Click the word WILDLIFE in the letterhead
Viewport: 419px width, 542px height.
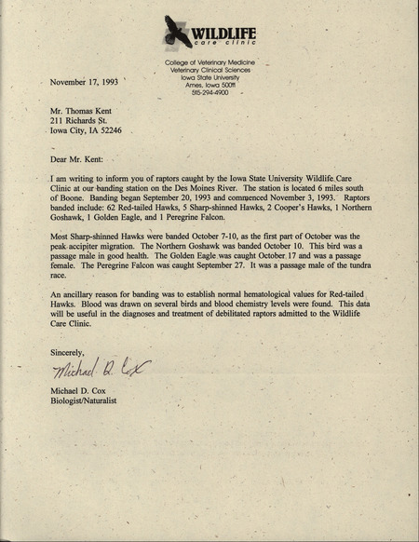225,35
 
